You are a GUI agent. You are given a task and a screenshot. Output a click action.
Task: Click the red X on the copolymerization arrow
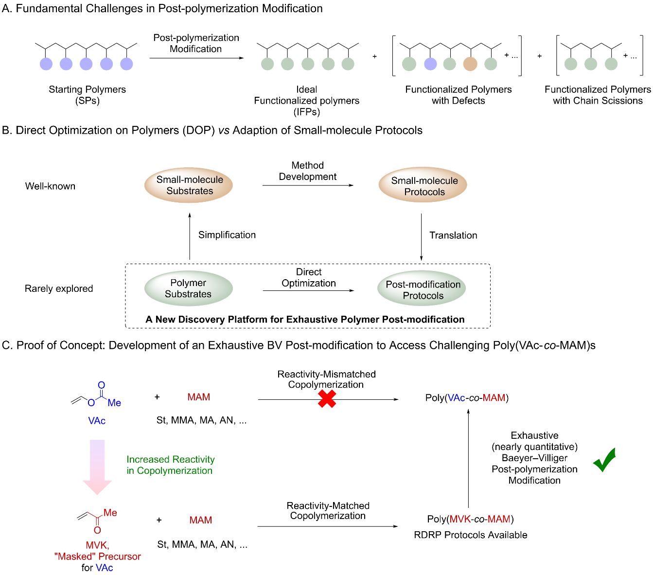coord(327,399)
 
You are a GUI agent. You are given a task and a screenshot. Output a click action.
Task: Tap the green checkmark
coord(604,460)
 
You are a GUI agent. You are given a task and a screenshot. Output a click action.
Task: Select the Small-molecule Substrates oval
coord(189,185)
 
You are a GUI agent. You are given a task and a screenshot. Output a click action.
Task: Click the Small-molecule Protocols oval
coord(423,186)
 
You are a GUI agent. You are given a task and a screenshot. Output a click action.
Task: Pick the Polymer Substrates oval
coord(188,288)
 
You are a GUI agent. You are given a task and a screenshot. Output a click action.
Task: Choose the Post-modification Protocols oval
coord(422,289)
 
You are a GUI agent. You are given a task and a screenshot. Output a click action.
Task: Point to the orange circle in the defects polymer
coord(470,64)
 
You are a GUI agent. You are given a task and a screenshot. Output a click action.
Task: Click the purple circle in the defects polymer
coord(430,64)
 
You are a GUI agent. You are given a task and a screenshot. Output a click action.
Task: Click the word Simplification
coord(227,235)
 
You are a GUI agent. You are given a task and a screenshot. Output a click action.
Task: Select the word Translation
coord(453,235)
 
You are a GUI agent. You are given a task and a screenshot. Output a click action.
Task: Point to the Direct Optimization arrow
coord(308,291)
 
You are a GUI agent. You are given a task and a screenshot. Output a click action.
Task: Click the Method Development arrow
coord(308,185)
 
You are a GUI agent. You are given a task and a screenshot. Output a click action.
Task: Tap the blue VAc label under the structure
coord(97,421)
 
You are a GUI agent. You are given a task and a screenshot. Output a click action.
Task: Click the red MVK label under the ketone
coord(97,545)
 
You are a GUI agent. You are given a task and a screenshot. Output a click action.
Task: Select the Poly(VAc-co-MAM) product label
coord(467,398)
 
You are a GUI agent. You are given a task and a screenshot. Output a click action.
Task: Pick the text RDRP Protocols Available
coord(470,535)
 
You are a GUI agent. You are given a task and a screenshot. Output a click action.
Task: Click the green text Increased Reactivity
coord(170,460)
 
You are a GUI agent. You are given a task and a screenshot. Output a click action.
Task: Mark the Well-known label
coord(50,186)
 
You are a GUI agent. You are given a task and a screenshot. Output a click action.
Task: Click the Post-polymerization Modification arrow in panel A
coord(196,58)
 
